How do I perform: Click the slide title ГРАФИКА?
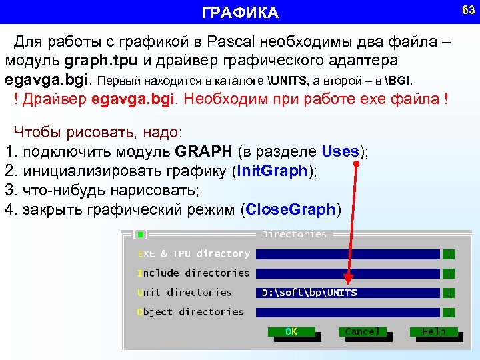tap(240, 13)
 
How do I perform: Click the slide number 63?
tap(468, 10)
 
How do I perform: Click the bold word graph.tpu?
tap(101, 61)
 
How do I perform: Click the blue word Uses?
tap(340, 151)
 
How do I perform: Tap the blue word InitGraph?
tap(273, 171)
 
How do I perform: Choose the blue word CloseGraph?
tap(290, 210)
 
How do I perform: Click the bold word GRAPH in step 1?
tap(200, 151)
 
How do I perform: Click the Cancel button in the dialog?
tap(362, 331)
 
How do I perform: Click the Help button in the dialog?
tap(434, 331)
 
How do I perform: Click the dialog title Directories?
tap(294, 235)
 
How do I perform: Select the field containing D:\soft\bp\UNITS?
tap(347, 293)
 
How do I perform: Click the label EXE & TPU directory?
tap(194, 254)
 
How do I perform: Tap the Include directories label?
tap(193, 273)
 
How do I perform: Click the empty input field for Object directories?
tap(347, 312)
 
